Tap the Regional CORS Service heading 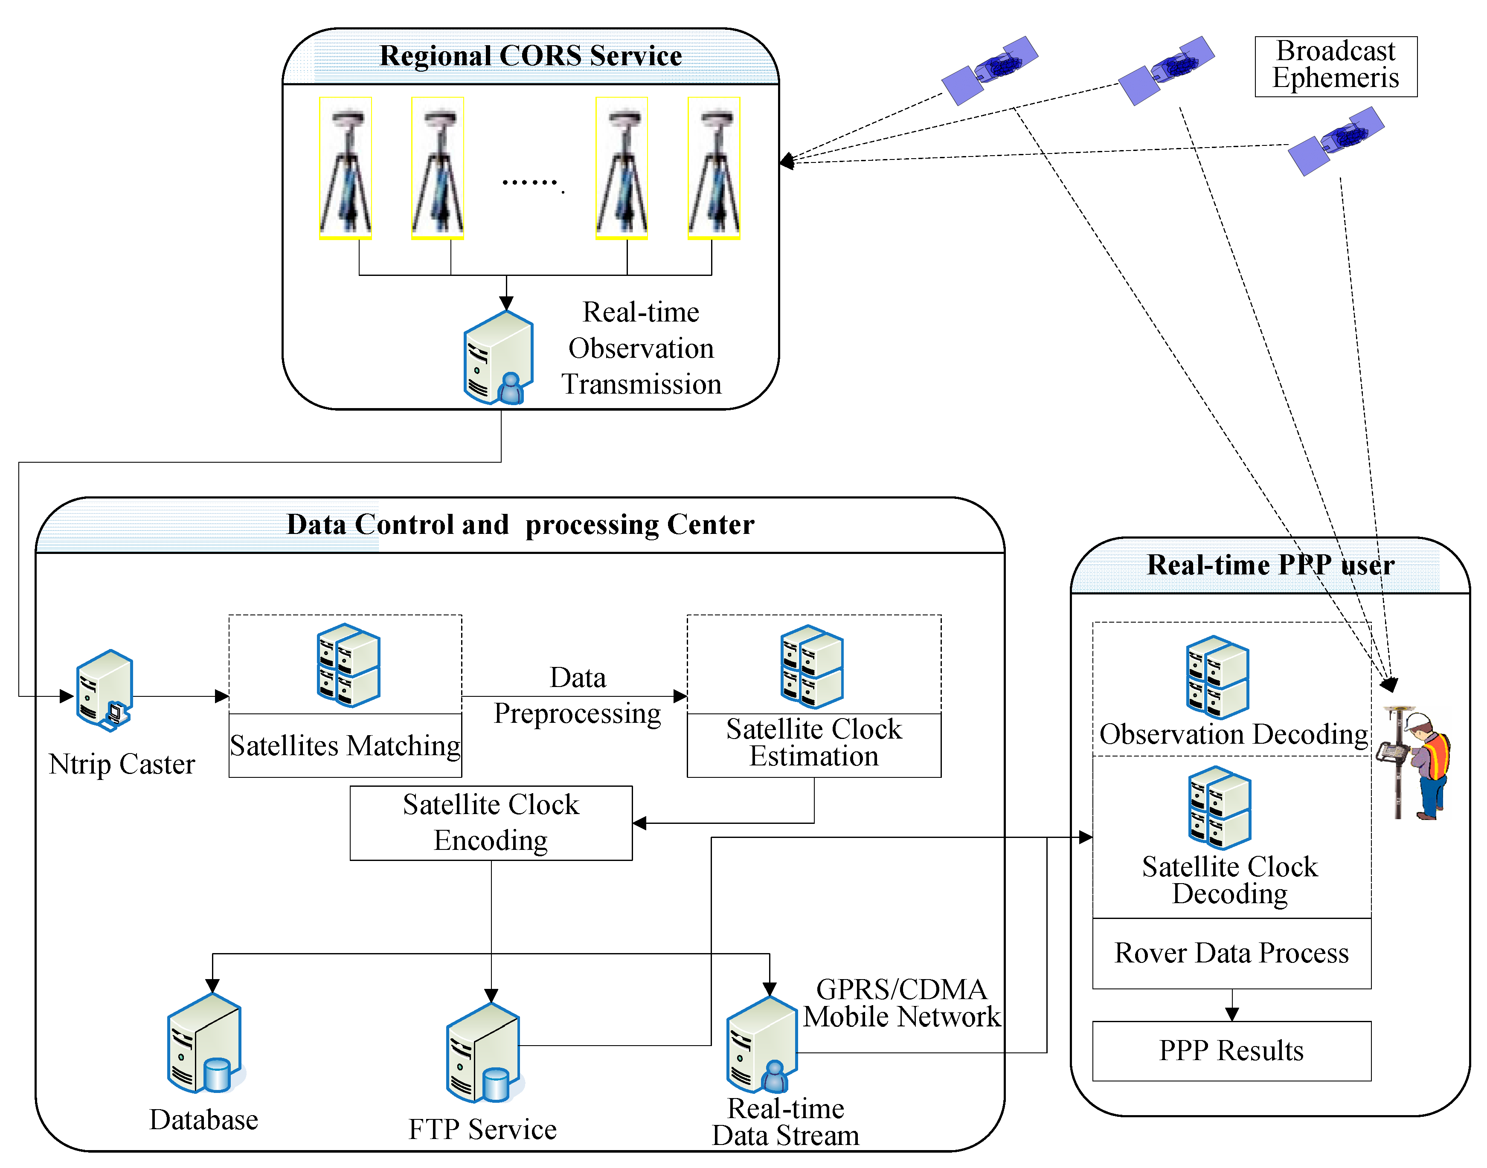[x=530, y=56]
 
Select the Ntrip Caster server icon [x=105, y=689]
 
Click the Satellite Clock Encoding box [x=491, y=823]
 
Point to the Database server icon [x=205, y=1043]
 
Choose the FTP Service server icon [x=484, y=1053]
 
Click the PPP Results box [x=1231, y=1050]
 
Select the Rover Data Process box [x=1231, y=953]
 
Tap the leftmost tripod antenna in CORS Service [x=346, y=168]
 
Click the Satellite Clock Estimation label [x=813, y=743]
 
